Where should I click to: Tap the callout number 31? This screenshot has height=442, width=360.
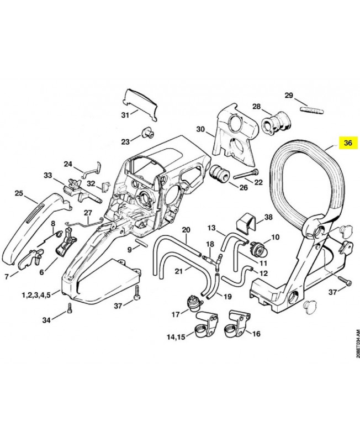[125, 115]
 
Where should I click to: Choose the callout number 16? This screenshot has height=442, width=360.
[256, 334]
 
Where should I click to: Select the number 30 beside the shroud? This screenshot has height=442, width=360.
[200, 131]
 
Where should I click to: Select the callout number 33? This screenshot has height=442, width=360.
[48, 176]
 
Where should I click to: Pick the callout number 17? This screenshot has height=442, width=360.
[176, 315]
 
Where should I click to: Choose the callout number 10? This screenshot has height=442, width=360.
[274, 238]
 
